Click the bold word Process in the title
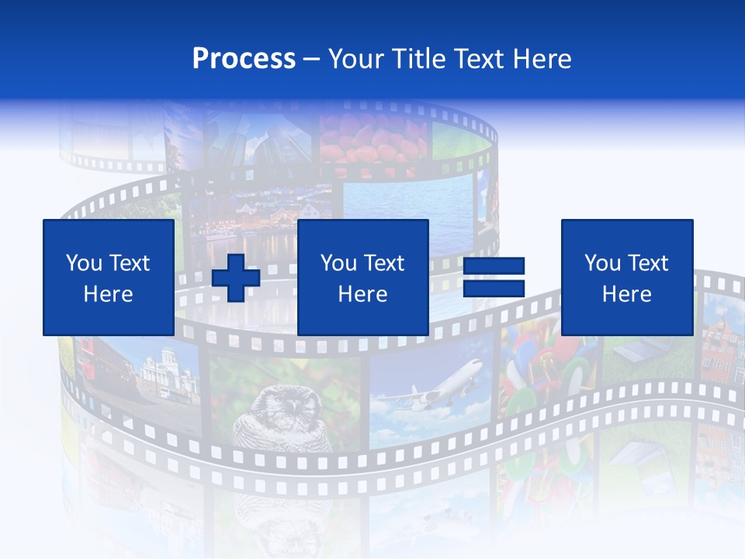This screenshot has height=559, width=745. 244,59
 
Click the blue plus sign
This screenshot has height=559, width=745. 236,278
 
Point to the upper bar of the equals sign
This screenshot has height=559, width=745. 494,266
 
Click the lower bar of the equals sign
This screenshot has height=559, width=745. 494,289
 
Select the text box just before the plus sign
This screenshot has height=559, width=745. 108,277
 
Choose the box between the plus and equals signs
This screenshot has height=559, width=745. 362,277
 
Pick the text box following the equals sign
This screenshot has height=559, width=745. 626,277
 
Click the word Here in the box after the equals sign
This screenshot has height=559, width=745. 626,294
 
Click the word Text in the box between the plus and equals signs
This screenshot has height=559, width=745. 384,263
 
